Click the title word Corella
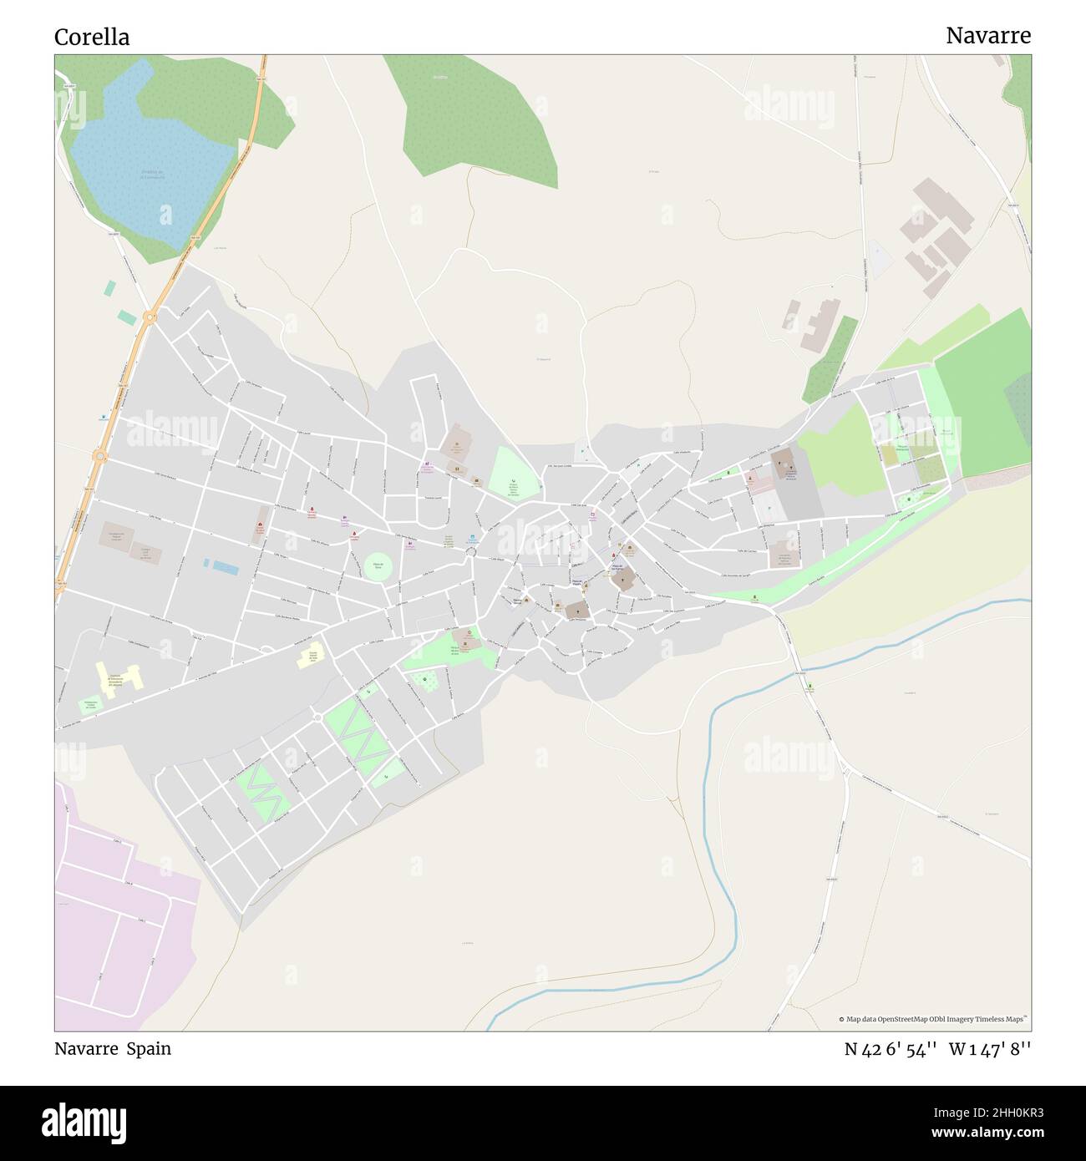(92, 37)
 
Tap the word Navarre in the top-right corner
(987, 35)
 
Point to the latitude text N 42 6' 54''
(891, 1049)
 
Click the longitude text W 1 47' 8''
(989, 1049)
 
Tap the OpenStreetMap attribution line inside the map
(934, 1019)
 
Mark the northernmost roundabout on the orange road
(150, 317)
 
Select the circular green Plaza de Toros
(378, 565)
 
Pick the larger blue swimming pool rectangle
(226, 569)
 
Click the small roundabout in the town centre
(471, 552)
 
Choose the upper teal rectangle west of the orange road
(110, 288)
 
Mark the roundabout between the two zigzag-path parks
(317, 717)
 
